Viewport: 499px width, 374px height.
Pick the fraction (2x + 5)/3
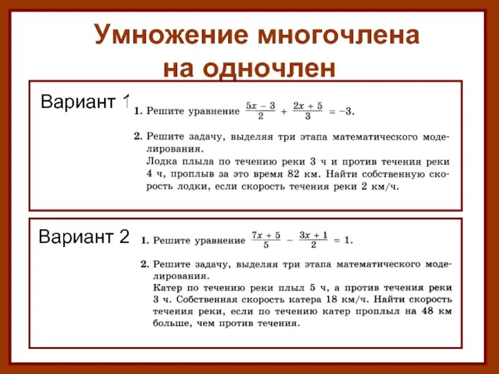click(308, 112)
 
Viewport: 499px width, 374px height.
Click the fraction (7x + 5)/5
click(266, 240)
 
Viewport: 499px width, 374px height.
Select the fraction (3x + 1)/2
click(314, 240)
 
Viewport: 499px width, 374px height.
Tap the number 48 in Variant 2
click(426, 312)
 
